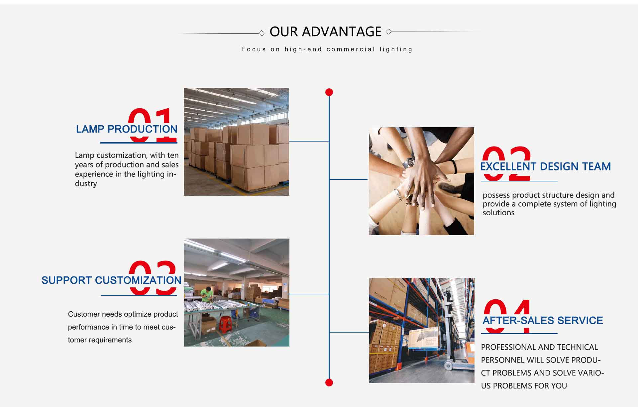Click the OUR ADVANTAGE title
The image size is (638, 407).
325,32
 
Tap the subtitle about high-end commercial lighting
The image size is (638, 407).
327,50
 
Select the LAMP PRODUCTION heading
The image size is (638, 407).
127,129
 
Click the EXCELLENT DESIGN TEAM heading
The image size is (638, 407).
546,166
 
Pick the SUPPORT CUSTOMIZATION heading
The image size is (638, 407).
111,280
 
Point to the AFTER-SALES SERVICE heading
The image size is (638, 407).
543,321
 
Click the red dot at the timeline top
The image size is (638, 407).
329,92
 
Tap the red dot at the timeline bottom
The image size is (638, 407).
329,382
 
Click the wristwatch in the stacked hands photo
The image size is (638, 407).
409,162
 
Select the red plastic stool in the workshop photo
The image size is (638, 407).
225,325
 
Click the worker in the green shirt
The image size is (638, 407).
207,294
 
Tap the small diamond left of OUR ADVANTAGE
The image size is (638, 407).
262,33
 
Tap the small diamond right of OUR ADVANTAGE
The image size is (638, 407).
388,32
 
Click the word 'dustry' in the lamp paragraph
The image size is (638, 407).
86,184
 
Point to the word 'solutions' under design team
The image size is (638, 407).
498,213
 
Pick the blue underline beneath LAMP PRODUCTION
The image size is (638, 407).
139,143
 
